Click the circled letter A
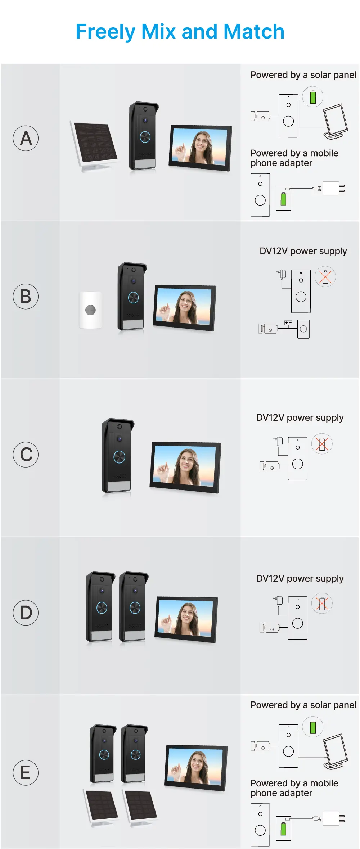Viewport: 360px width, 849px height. [26, 138]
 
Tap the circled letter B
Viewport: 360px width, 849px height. [26, 297]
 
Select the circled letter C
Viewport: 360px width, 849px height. [26, 455]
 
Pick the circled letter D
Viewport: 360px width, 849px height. [26, 613]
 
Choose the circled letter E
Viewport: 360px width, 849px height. [26, 772]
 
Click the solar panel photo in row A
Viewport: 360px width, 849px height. [95, 145]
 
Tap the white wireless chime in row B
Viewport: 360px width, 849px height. [90, 310]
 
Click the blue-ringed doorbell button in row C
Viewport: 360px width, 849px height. [119, 457]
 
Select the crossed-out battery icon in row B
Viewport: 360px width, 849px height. [325, 277]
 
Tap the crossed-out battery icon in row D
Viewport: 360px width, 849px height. [322, 603]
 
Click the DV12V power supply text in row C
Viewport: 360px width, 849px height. [300, 417]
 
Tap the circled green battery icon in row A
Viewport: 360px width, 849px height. [313, 97]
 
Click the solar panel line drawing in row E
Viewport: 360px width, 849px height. [336, 751]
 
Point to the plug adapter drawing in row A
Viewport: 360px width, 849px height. [334, 188]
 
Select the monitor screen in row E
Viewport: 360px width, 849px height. [196, 768]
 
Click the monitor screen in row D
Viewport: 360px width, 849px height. [186, 619]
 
